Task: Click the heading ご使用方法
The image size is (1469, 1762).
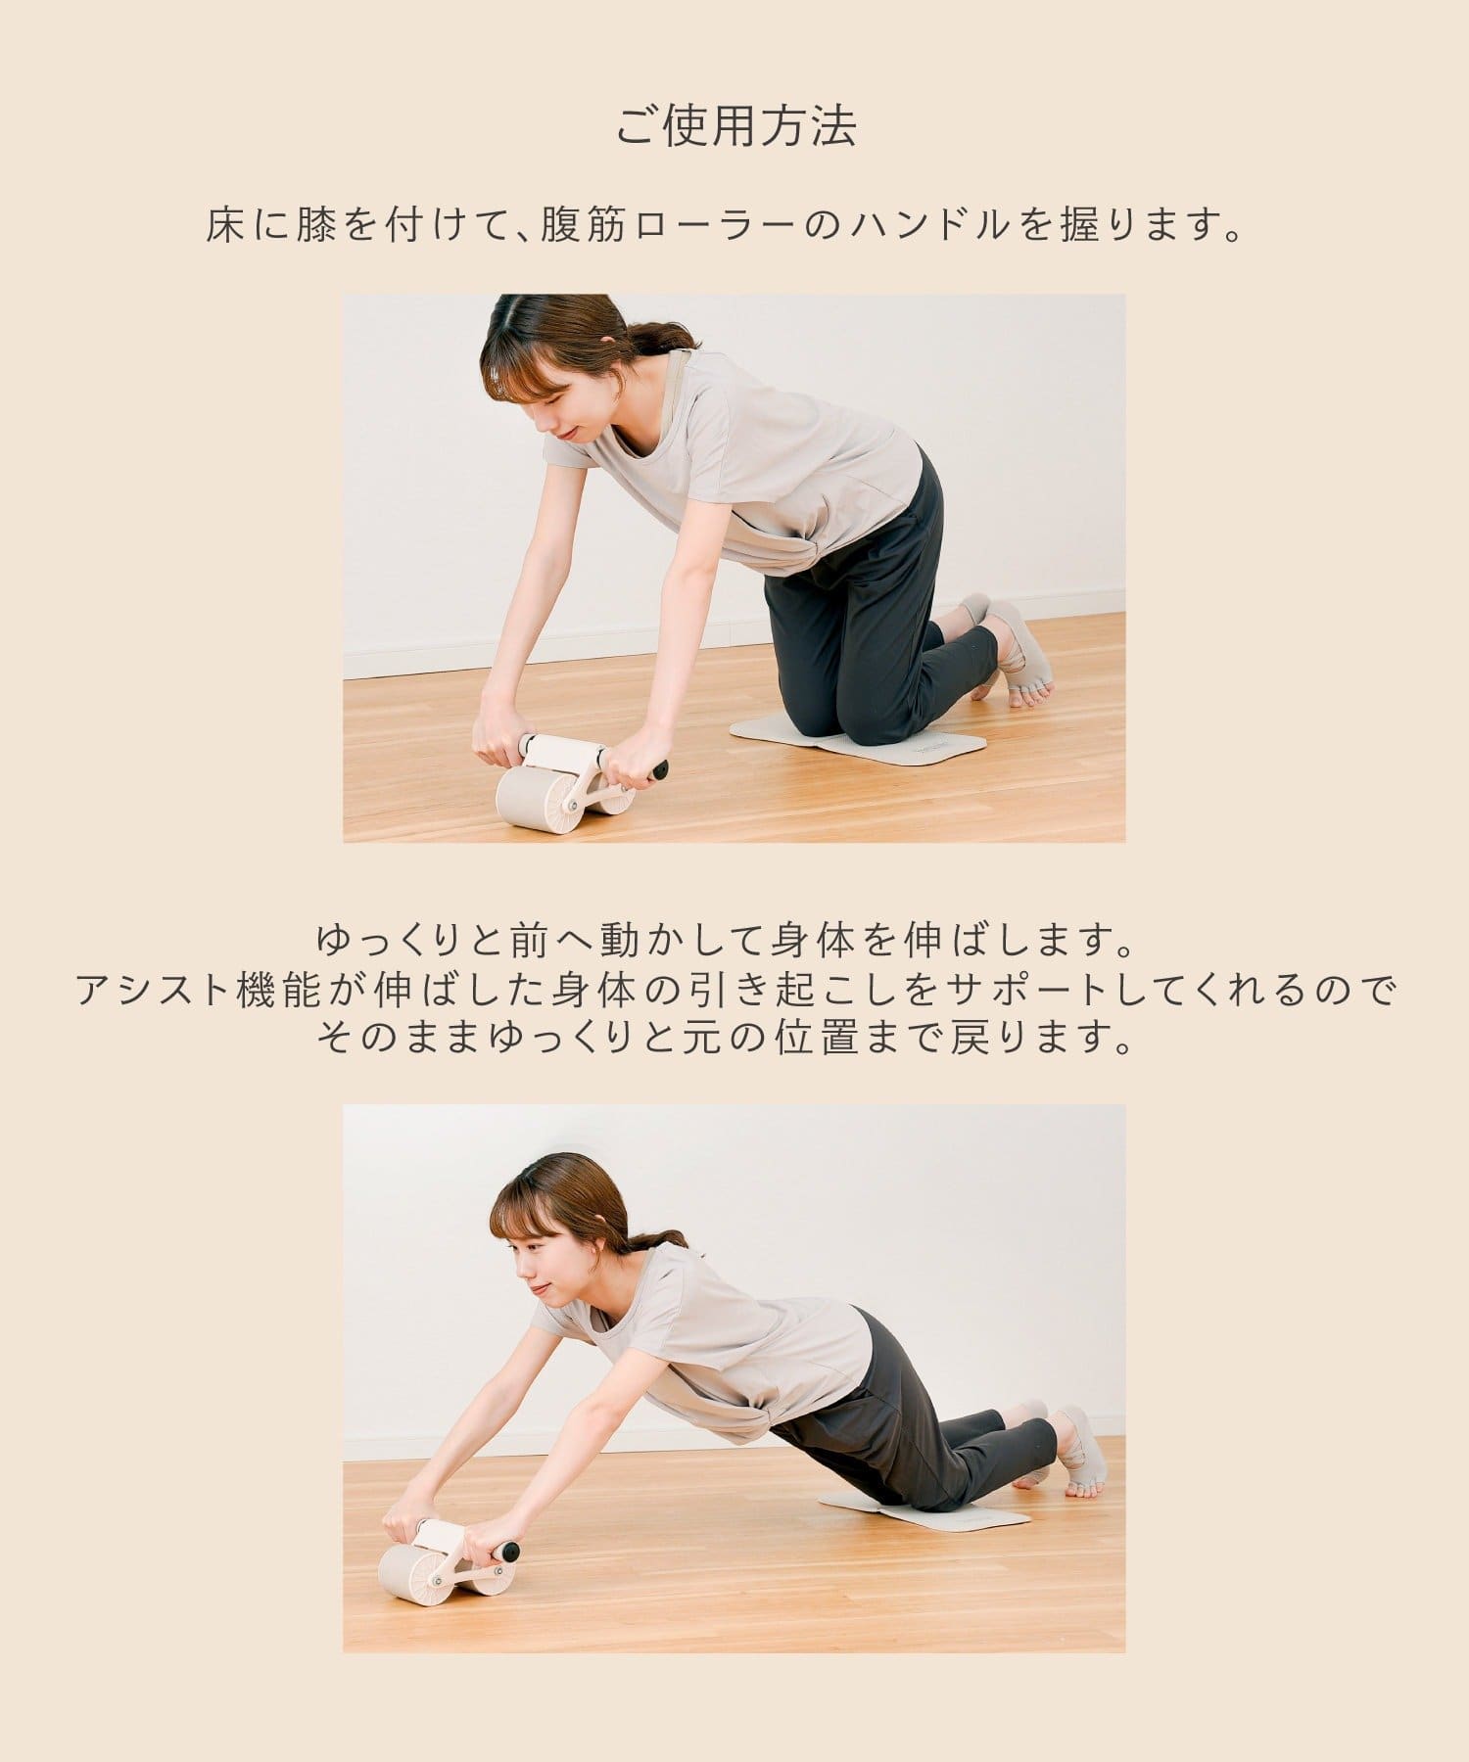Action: tap(734, 126)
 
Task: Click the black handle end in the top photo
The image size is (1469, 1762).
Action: tap(661, 769)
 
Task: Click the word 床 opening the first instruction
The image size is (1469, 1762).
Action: tap(224, 227)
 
